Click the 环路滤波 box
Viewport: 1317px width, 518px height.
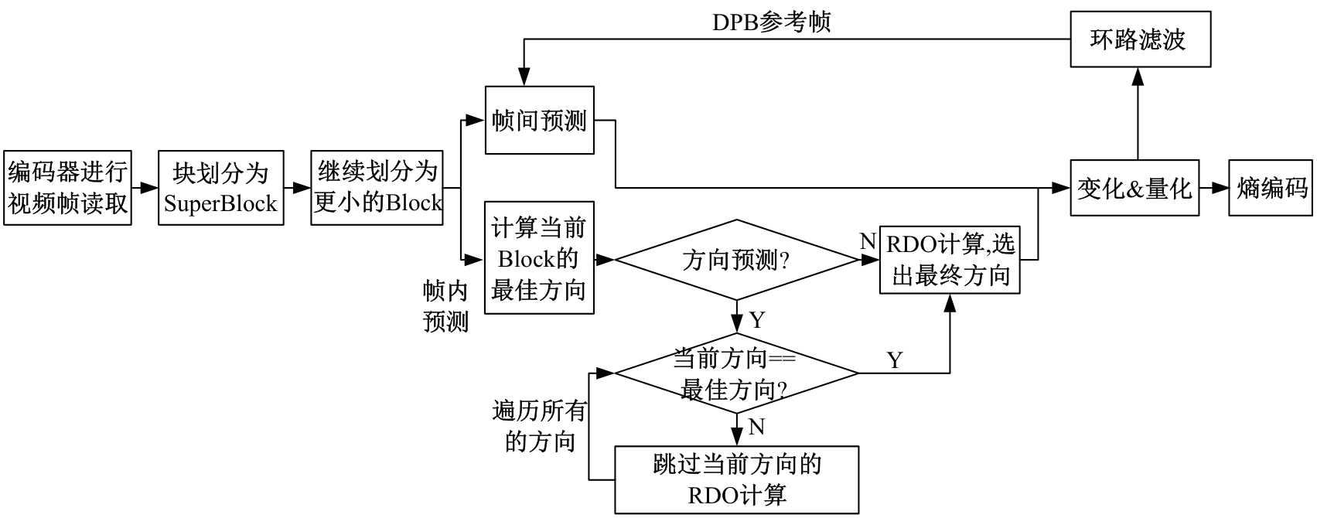point(1139,39)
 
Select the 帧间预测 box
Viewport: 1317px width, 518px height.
point(539,120)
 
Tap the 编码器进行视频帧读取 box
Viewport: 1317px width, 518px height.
point(67,187)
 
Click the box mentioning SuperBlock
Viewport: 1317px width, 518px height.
point(220,187)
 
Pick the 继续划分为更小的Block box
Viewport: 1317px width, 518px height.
point(377,187)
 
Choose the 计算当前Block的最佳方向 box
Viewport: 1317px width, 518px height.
point(539,258)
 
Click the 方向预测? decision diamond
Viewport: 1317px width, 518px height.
point(735,261)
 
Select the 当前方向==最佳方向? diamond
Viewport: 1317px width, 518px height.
point(735,374)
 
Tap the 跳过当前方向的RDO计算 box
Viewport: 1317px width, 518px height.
point(736,479)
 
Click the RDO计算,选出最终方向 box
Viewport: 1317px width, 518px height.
point(950,261)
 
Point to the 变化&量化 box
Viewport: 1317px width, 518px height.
point(1134,188)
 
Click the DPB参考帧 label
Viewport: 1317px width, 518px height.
point(771,22)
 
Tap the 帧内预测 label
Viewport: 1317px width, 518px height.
point(446,306)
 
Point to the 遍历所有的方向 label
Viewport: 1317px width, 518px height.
point(539,425)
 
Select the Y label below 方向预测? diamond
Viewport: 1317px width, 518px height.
point(756,319)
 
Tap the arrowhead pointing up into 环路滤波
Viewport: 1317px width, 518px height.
point(1138,74)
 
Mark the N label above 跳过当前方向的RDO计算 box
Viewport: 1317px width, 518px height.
point(756,427)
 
